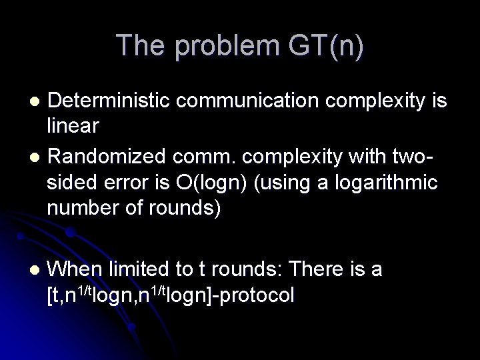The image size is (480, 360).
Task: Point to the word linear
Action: pyautogui.click(x=74, y=125)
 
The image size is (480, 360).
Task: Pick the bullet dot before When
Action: pyautogui.click(x=37, y=269)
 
